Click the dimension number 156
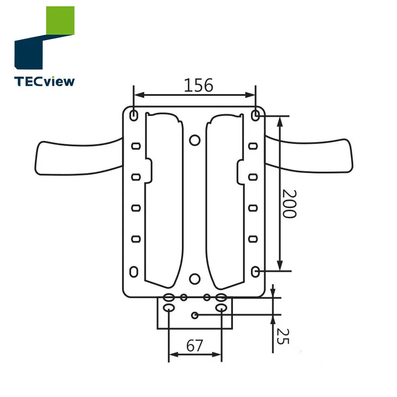198,85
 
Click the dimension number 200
289,203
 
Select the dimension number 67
195,346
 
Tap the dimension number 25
283,336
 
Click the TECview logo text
44,81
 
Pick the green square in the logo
60,21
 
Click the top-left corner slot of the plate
134,115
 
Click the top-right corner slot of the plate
256,115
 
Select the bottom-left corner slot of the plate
134,272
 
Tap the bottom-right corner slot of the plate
256,272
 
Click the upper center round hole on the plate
195,140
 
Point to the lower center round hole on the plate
195,278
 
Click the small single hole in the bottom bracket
195,315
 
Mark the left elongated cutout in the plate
164,198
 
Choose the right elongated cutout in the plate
225,198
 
